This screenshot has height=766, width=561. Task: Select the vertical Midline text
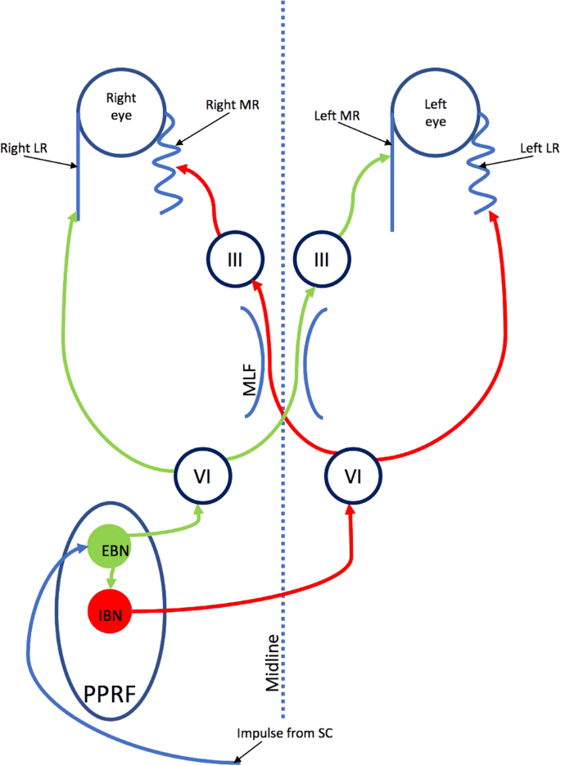click(274, 664)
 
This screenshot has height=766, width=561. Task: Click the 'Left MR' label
click(336, 117)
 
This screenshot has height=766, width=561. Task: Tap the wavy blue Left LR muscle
click(477, 164)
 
